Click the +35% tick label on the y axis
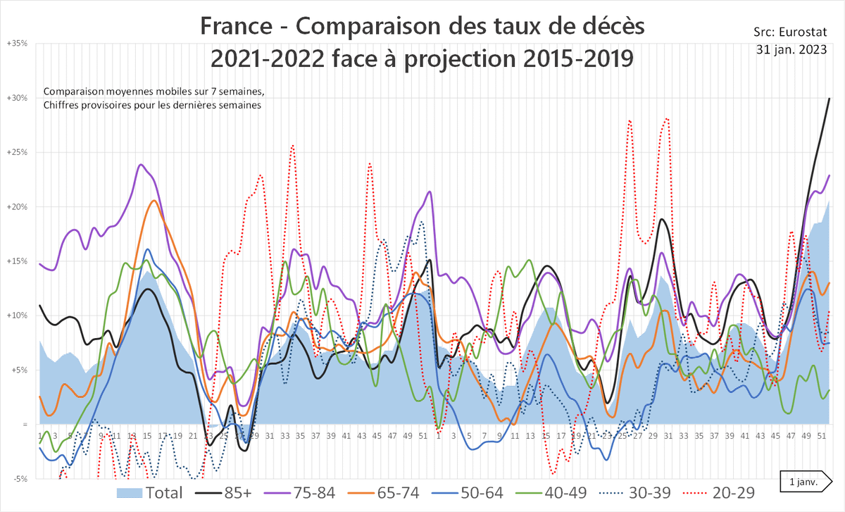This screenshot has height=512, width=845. (17, 44)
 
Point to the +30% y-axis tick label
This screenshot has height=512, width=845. (17, 98)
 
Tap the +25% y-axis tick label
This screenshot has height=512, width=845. (17, 152)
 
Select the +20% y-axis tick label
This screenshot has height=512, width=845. (17, 207)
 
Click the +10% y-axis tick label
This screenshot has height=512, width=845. (17, 316)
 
